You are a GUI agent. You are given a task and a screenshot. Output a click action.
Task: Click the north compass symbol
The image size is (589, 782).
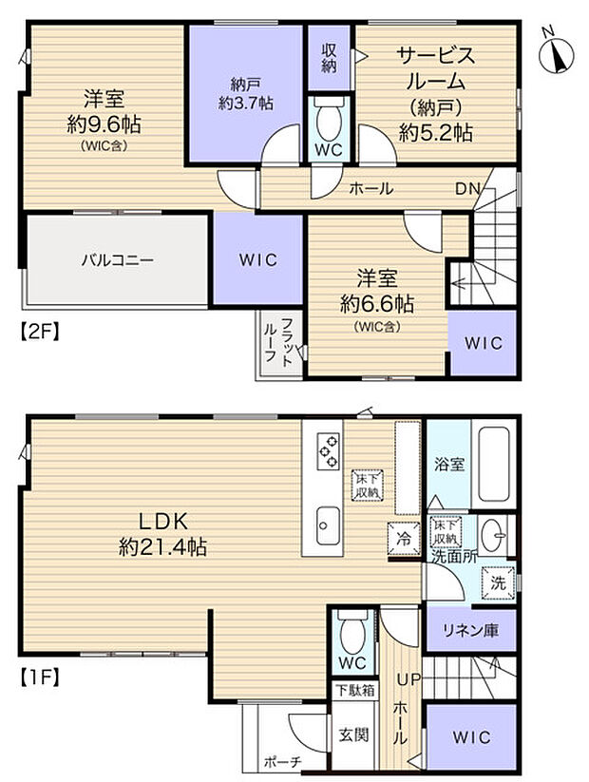557,51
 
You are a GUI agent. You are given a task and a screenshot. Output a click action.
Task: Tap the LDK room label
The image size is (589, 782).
162,534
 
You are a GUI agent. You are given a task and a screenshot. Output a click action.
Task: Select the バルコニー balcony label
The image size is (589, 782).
118,259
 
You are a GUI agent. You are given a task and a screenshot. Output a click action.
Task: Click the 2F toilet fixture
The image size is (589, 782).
329,119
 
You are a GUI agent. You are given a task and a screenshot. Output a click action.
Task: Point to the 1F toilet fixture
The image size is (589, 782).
352,633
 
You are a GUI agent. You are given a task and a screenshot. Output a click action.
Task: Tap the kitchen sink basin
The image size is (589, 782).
328,525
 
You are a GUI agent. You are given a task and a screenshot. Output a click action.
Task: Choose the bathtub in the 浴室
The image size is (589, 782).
494,465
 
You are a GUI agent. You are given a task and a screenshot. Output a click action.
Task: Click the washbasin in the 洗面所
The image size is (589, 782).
493,535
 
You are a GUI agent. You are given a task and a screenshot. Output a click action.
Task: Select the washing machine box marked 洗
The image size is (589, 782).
498,582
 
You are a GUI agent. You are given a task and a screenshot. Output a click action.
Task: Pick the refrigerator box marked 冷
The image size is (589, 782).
404,538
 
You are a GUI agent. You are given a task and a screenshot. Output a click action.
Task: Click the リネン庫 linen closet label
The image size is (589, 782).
471,631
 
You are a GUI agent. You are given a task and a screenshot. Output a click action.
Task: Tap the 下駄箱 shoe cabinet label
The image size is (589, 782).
354,691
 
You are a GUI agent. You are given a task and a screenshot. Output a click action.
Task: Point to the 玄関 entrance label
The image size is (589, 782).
353,734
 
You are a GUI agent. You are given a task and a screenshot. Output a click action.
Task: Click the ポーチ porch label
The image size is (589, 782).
283,762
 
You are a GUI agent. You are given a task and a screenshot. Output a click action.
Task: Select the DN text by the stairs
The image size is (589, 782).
467,188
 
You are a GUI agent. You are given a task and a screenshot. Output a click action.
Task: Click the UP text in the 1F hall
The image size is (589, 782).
408,679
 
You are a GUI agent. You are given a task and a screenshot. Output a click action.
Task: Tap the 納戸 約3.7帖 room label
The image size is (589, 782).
245,94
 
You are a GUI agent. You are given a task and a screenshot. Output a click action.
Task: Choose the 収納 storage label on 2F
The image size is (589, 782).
329,58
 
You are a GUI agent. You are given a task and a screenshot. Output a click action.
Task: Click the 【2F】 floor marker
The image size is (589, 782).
40,332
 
